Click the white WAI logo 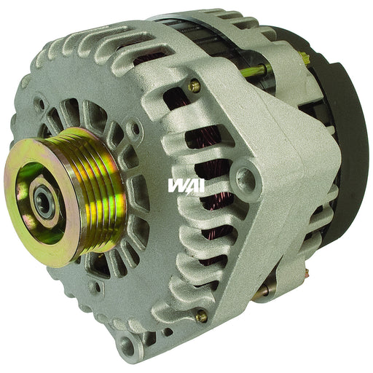tap(186, 185)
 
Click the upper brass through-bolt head tap(194, 86)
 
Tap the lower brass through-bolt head tap(201, 315)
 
